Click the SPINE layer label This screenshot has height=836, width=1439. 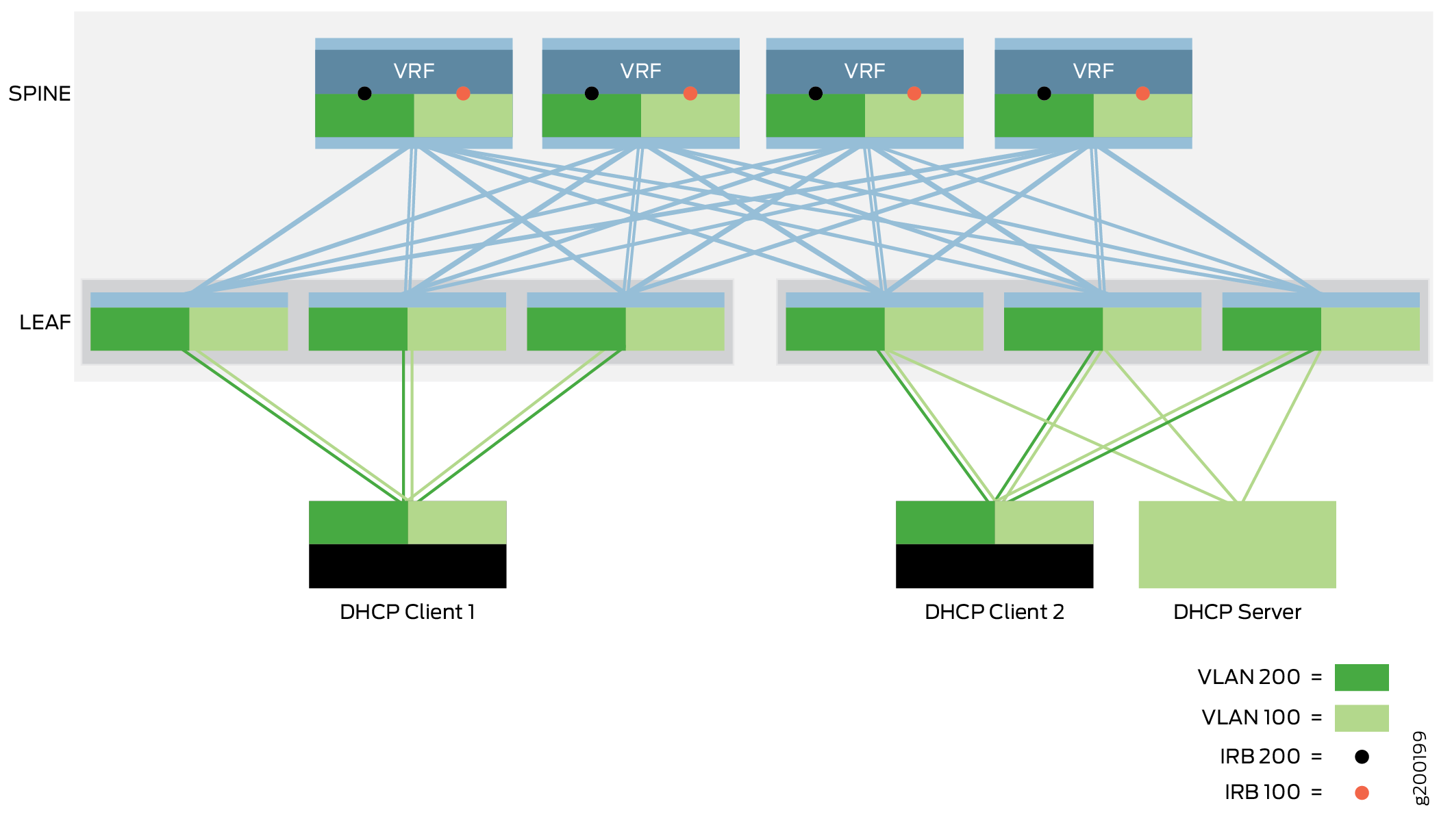pos(40,93)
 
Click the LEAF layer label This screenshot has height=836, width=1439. pos(45,322)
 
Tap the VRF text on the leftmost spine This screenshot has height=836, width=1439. pos(414,71)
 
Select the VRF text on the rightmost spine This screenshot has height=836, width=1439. pos(1093,71)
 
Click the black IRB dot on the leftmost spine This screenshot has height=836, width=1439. pos(364,93)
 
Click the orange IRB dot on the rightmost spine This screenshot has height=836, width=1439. pos(1142,93)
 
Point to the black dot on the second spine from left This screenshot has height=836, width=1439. pos(592,93)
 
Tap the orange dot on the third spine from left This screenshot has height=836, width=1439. pos(914,93)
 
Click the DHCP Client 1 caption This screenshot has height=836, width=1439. pos(408,611)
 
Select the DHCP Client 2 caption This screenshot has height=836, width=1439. pos(994,611)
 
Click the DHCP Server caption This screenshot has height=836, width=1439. pos(1237,611)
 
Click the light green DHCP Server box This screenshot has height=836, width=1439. pos(1237,544)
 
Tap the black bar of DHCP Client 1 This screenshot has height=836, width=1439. pos(408,566)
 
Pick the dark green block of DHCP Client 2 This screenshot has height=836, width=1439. pos(945,522)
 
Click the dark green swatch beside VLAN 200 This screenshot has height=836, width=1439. pos(1361,677)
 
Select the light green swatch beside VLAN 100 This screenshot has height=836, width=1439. pos(1361,718)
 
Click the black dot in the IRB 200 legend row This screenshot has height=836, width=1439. pos(1362,757)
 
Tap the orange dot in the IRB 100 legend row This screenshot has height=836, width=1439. pos(1362,793)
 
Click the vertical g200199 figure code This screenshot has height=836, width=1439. pos(1421,768)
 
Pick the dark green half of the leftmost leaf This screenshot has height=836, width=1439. pos(140,329)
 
